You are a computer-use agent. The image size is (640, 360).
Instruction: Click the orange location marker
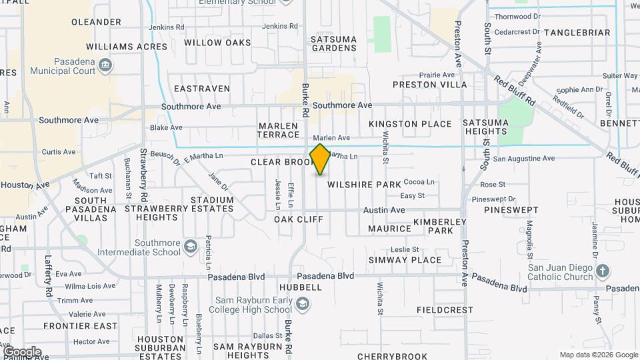click(x=320, y=159)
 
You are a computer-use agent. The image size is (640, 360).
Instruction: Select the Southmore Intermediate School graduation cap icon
click(x=191, y=247)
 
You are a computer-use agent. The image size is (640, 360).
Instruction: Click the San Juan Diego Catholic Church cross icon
click(x=603, y=271)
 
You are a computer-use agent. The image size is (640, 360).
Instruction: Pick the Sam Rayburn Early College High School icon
click(x=303, y=305)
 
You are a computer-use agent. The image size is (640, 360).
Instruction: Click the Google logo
click(x=21, y=351)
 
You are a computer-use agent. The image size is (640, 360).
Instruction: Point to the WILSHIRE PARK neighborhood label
click(x=364, y=184)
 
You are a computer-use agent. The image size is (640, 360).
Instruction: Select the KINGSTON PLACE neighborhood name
click(x=410, y=124)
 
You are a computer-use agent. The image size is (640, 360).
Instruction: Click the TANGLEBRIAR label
click(x=577, y=33)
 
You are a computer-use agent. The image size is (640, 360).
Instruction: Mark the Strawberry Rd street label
click(x=143, y=175)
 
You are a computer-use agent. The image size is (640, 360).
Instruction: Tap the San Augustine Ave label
click(x=523, y=159)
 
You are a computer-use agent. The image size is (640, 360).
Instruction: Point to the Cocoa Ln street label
click(x=419, y=181)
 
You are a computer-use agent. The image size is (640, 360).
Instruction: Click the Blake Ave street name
click(x=166, y=127)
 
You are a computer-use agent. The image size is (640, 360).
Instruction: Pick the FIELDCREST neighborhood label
click(x=445, y=310)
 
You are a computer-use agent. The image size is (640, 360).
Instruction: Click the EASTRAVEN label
click(x=201, y=89)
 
